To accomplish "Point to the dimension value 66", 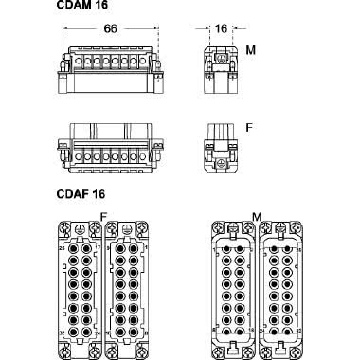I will [111, 30].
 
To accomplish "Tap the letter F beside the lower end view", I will [249, 125].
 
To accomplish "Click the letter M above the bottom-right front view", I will [256, 217].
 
